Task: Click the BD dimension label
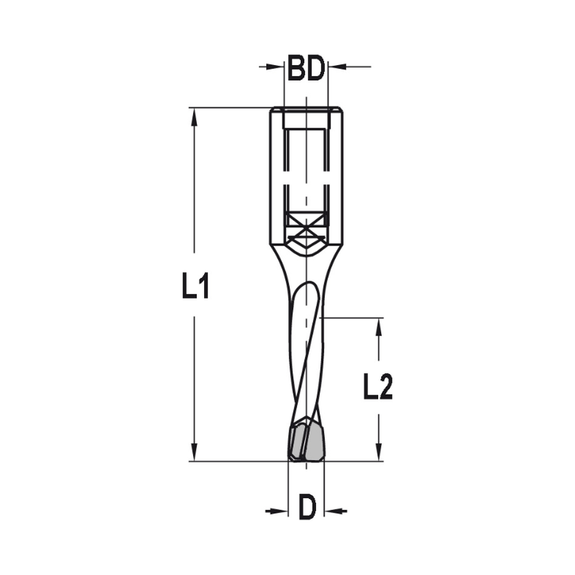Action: [x=306, y=68]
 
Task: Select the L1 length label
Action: [x=195, y=286]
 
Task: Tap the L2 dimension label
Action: [x=378, y=387]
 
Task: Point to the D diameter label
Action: [x=307, y=508]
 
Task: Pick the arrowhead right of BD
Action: [x=335, y=67]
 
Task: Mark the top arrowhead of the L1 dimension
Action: [x=195, y=117]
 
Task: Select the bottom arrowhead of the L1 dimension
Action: [x=195, y=451]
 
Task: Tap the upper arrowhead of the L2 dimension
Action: [x=378, y=327]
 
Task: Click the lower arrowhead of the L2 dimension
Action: [x=378, y=451]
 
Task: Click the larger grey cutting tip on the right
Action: [x=315, y=444]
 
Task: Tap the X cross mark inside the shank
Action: [x=306, y=231]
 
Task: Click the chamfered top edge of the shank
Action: [x=306, y=110]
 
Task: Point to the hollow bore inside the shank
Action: [x=306, y=167]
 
